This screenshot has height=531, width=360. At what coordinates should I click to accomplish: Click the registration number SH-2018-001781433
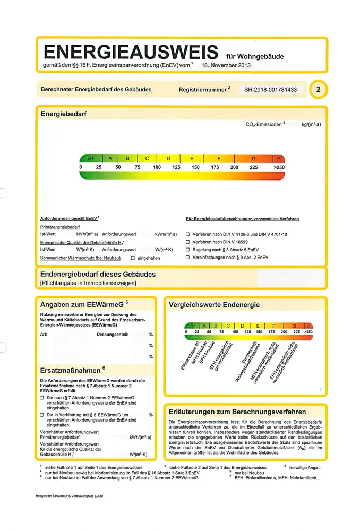271,90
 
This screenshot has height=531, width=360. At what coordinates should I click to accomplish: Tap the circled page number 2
318,90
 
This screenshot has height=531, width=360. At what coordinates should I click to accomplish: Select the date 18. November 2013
226,67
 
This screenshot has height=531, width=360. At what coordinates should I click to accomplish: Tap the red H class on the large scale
279,158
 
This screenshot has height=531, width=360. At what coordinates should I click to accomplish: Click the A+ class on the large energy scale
91,158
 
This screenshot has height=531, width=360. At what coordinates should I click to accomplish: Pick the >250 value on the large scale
279,167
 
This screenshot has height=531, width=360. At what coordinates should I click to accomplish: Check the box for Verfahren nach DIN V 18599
187,242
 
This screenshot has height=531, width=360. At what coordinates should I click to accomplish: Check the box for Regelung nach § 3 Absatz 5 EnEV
187,249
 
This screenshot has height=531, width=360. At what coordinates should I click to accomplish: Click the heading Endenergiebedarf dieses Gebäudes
98,274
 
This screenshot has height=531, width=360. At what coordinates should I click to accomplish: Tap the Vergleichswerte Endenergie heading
214,305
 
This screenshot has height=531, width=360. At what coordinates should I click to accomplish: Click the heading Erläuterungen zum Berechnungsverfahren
237,412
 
